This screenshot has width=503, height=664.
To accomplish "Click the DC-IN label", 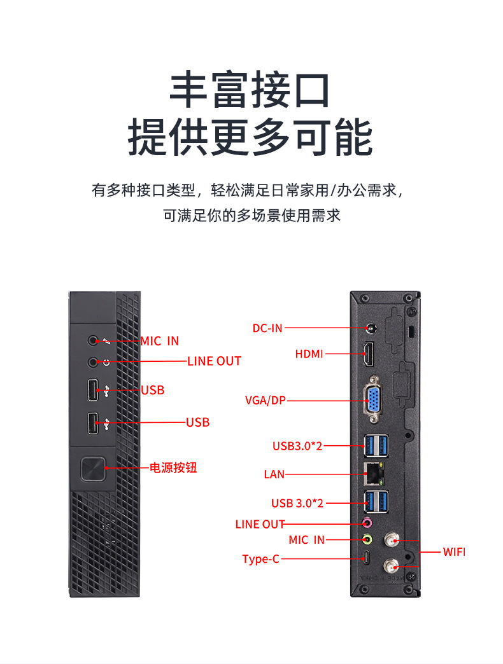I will [x=267, y=328].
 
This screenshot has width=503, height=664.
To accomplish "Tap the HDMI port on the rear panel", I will [x=369, y=354].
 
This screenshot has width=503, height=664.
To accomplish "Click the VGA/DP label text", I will [x=266, y=400].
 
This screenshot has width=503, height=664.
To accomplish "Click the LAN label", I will [x=274, y=474].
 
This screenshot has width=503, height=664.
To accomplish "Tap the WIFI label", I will [x=454, y=551].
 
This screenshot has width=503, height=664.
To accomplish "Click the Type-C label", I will [x=260, y=559].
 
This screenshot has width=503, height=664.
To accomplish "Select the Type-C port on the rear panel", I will [x=367, y=559].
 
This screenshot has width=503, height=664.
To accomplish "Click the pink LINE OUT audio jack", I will [x=367, y=523].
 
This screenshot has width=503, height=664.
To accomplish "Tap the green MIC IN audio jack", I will [x=367, y=539].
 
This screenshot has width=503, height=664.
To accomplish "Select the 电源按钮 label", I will [x=173, y=468].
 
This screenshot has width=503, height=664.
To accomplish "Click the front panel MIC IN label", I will [x=160, y=342].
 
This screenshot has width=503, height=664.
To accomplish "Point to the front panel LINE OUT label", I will [x=214, y=361].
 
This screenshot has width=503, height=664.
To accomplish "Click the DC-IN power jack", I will [x=371, y=329].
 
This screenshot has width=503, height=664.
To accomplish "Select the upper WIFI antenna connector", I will [x=390, y=542].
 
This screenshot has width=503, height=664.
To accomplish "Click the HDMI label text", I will [x=309, y=354].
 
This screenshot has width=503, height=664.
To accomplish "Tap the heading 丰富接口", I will [x=250, y=90].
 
